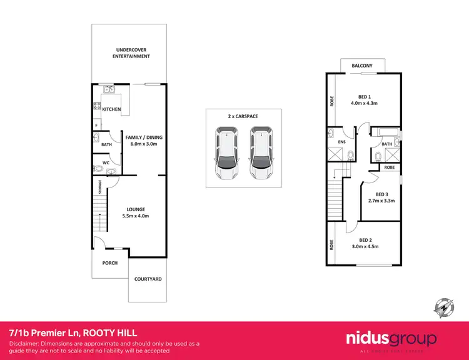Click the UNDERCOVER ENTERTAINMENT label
click(131, 52)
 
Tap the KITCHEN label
click(111, 109)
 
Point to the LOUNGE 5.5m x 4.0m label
click(136, 212)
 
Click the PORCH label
click(110, 263)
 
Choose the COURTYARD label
click(148, 279)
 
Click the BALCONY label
click(362, 66)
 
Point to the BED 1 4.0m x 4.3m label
click(365, 100)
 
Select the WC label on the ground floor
click(106, 162)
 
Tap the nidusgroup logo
click(391, 339)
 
